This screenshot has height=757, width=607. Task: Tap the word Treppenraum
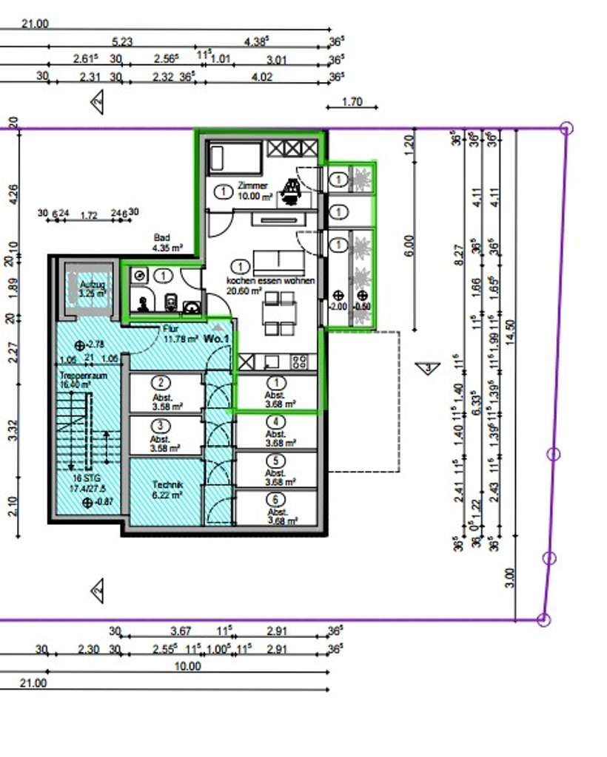pos(74,376)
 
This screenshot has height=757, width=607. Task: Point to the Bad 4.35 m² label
pos(164,242)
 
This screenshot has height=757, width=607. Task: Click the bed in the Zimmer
pos(235,158)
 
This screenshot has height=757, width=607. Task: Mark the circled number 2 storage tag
pos(159,383)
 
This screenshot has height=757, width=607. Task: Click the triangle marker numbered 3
pos(427,367)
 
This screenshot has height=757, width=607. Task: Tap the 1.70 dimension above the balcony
pos(352,102)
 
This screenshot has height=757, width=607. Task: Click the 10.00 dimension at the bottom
pos(187,665)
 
